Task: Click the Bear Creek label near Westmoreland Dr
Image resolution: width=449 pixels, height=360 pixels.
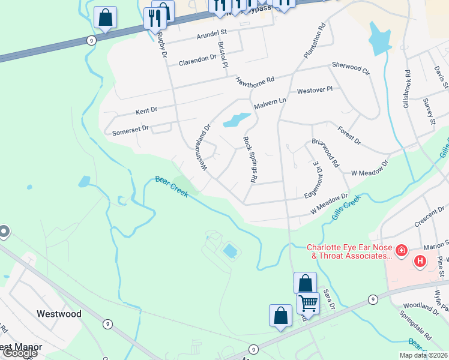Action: click(x=172, y=187)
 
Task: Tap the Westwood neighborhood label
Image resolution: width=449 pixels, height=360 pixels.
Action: click(x=59, y=313)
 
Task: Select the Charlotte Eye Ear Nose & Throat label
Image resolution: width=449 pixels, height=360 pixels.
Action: click(x=349, y=251)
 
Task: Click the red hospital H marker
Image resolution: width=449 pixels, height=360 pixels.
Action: click(x=420, y=261)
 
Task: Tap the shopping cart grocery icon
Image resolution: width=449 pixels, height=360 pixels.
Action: click(x=308, y=304)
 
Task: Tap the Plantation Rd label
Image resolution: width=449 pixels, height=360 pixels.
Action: click(x=314, y=41)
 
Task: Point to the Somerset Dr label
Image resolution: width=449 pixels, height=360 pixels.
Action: click(x=130, y=130)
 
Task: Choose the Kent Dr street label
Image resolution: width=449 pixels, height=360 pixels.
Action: click(x=146, y=111)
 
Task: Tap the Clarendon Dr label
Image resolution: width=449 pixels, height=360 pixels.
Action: click(x=197, y=59)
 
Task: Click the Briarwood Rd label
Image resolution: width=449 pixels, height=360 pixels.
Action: click(x=325, y=154)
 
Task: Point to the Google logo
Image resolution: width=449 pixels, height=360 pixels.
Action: click(x=20, y=352)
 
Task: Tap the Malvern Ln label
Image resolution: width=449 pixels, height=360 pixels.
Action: click(x=270, y=103)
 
